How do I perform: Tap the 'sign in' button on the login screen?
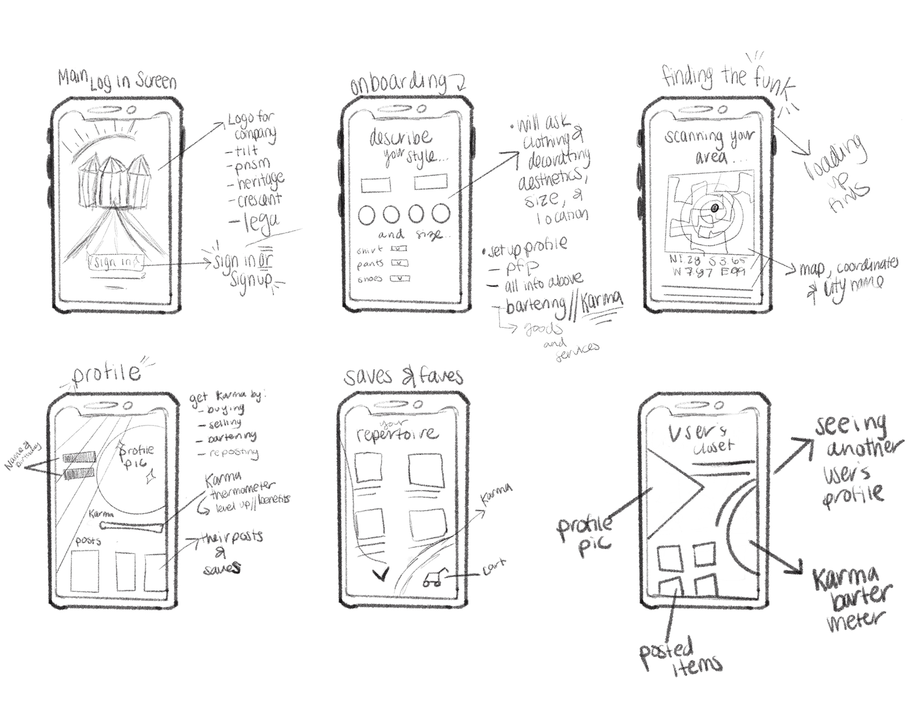[115, 262]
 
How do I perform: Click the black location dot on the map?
[715, 208]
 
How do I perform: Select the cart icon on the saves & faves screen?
[433, 579]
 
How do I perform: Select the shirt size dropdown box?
[398, 249]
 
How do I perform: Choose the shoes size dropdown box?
[399, 278]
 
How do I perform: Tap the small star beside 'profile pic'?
[149, 477]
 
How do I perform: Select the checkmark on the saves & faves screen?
[382, 574]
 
